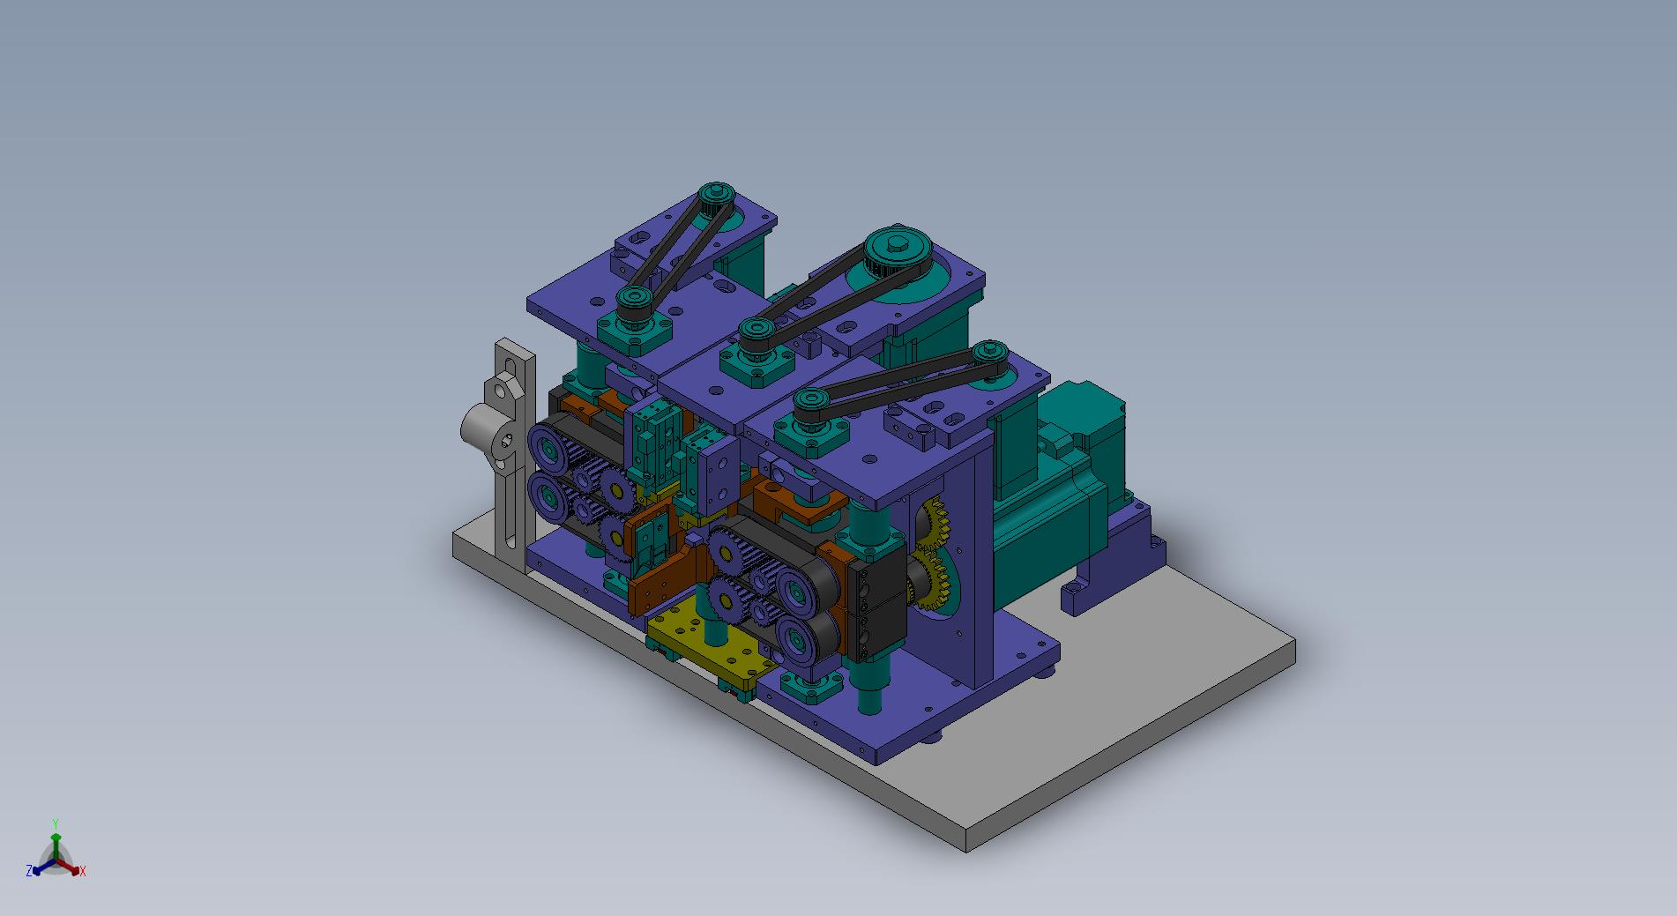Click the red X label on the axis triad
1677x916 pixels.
coord(83,871)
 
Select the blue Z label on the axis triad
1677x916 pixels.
coord(29,870)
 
